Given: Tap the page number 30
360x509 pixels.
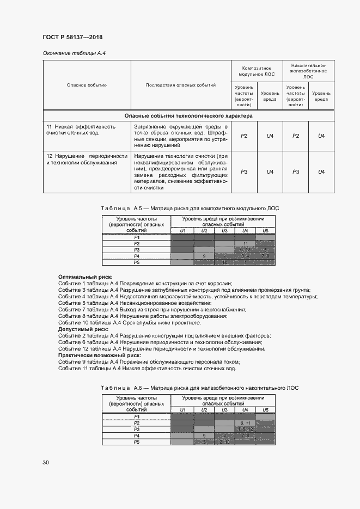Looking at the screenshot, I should coord(46,462).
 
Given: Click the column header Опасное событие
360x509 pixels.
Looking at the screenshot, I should coord(87,85).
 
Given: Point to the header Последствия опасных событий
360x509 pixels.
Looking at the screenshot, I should coord(180,85).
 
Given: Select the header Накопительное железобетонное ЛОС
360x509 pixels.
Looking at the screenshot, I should coord(308,70).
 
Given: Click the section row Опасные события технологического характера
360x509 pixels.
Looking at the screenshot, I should coord(188,115).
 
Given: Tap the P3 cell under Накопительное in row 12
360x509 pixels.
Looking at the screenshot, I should coord(296,171).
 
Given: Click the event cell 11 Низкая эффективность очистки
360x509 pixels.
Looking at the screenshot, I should coord(87,129).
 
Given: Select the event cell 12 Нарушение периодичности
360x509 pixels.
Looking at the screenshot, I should coord(87,159).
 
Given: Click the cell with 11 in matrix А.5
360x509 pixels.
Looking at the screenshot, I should coord(246,243).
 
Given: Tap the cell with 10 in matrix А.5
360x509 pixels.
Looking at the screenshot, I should coord(224,262).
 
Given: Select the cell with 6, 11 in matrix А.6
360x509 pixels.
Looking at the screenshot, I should coord(245,423).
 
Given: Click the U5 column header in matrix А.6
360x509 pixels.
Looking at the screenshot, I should coord(265,410).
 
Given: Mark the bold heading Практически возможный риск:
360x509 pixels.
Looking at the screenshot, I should coord(100,355).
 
